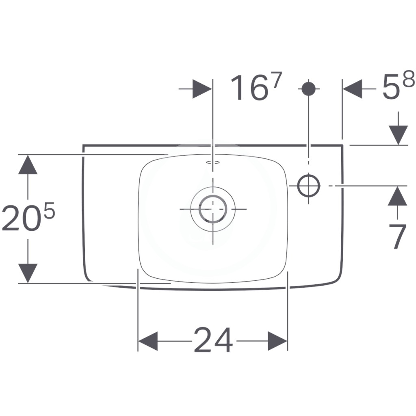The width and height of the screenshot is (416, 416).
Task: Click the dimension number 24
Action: coord(213,340)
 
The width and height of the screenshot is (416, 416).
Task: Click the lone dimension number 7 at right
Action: coord(398,236)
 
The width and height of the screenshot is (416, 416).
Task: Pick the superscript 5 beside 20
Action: coord(49,212)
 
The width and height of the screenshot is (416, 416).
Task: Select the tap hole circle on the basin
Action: coord(309,186)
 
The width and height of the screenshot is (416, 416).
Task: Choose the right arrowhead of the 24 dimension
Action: coord(278,340)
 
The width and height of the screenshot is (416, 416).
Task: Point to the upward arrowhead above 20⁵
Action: coord(28,164)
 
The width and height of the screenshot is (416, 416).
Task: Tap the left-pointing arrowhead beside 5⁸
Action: coord(353,89)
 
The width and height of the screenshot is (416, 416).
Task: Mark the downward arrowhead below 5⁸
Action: coord(398,135)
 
